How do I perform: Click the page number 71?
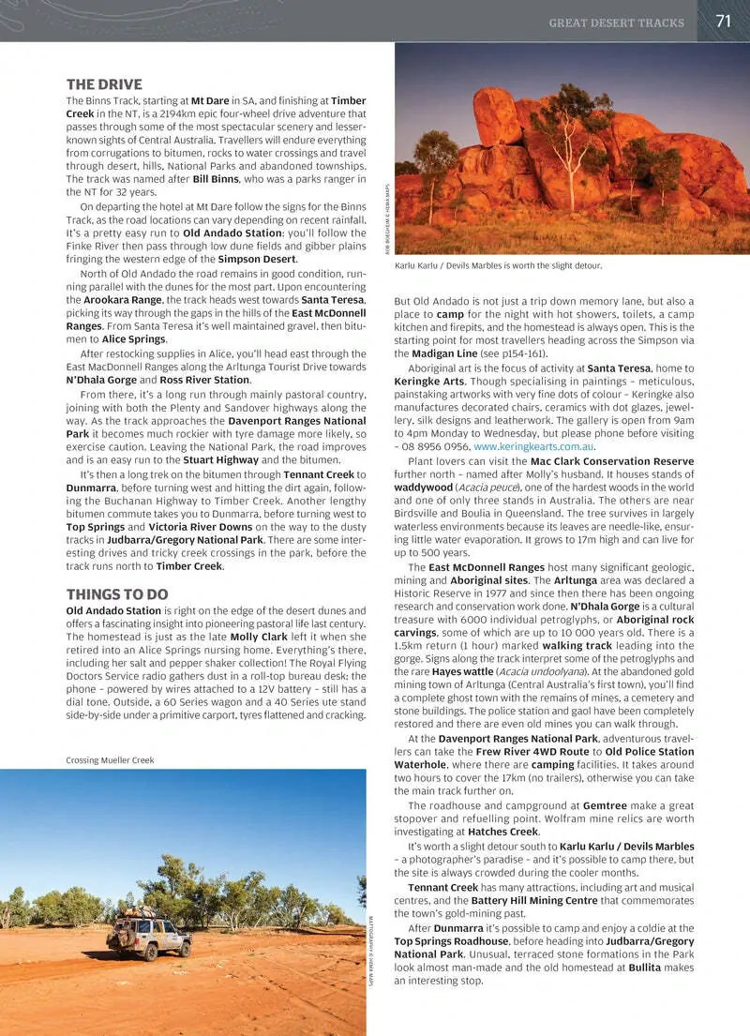723,21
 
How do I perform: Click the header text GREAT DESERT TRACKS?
616,23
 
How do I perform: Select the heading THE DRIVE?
104,83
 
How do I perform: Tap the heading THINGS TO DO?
117,593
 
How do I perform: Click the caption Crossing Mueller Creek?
110,760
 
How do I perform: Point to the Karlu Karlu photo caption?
498,266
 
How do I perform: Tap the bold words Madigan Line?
444,354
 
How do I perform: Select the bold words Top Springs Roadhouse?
450,941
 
